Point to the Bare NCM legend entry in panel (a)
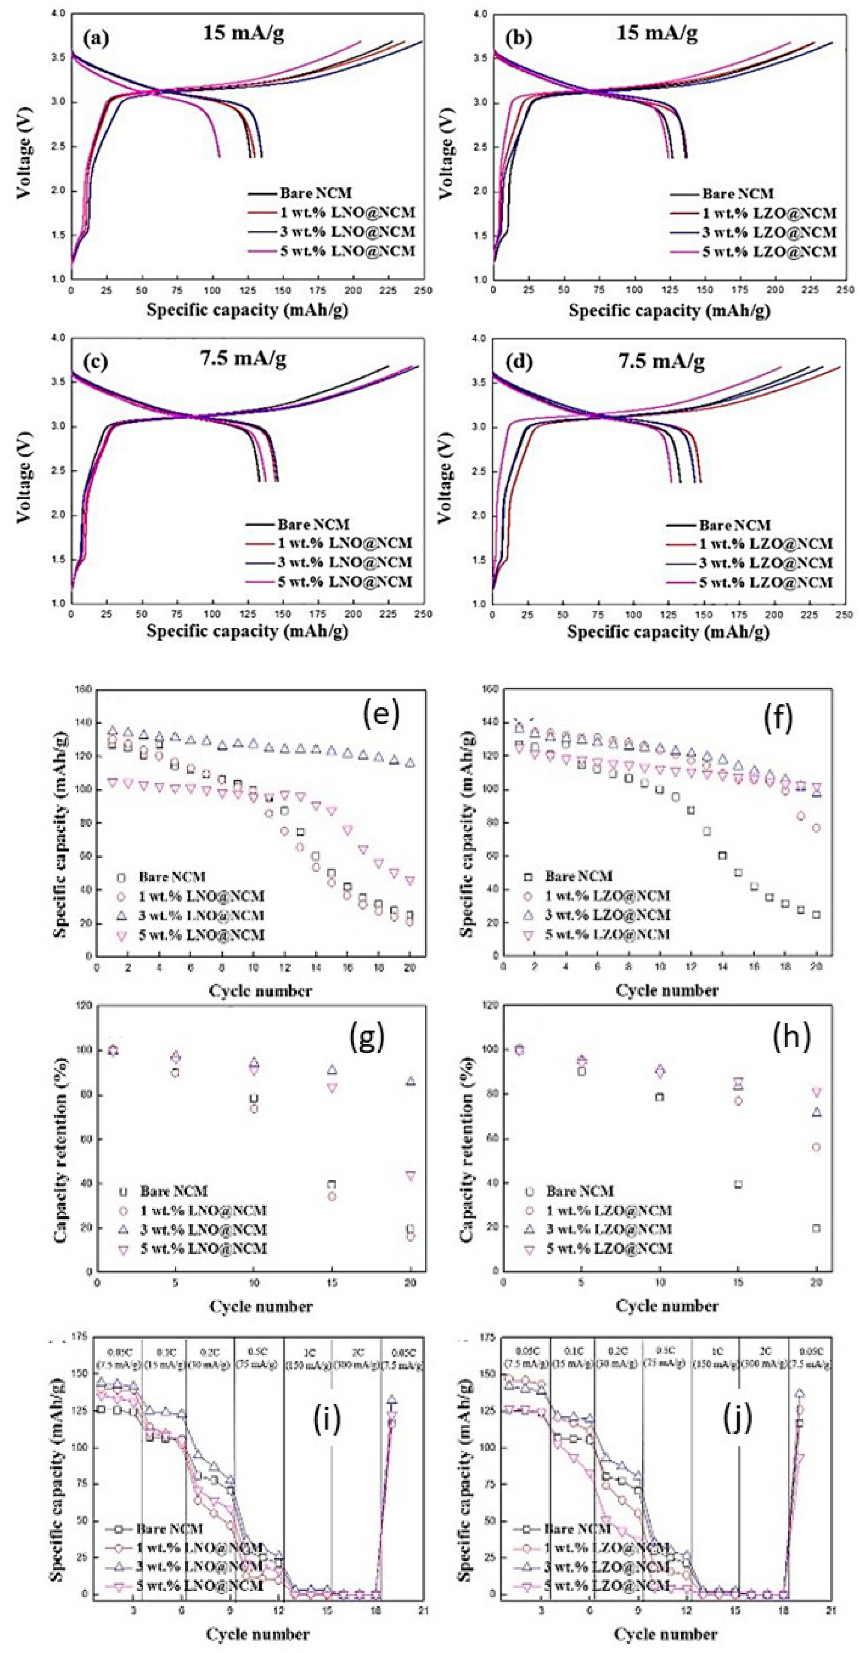(x=316, y=193)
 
